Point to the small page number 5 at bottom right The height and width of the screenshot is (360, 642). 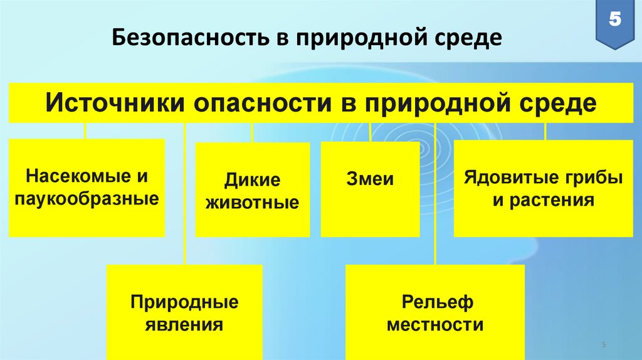point(603,346)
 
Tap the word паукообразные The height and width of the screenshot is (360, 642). point(87,199)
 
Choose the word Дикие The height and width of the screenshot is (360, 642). point(253,181)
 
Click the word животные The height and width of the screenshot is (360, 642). point(253,203)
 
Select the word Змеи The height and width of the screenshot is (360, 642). point(370,179)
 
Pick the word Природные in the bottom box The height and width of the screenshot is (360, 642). point(184,302)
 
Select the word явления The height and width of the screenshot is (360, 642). point(184,325)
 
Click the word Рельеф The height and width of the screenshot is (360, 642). point(434,302)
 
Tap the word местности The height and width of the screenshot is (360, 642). point(434,325)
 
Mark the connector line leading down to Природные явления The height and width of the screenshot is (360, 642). point(184,194)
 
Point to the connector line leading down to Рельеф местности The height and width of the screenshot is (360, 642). point(434,194)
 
